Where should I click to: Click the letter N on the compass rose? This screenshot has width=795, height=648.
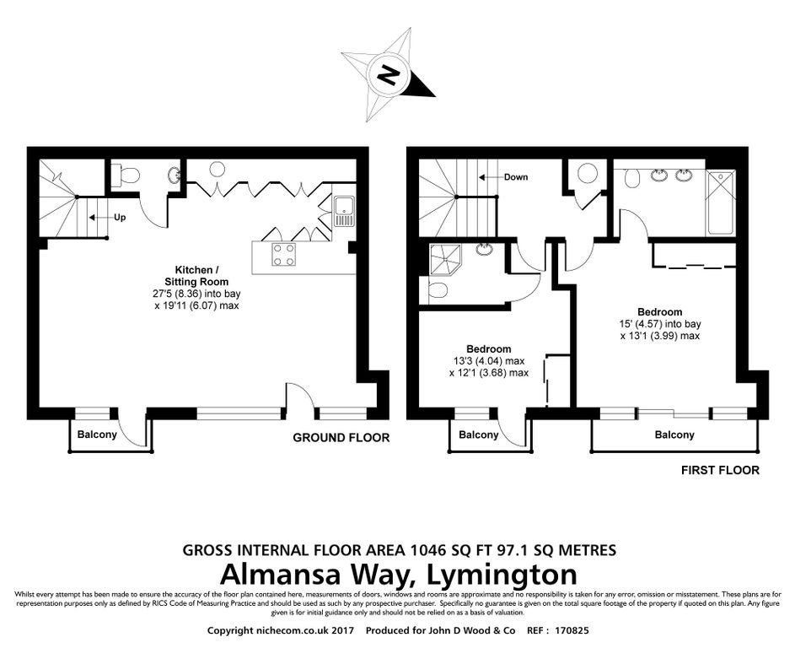coord(389,77)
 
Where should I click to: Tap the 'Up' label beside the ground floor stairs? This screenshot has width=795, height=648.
coord(120,217)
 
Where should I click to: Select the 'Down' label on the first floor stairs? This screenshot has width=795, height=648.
coord(515,177)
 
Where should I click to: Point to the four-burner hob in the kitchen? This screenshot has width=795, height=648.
coord(283,254)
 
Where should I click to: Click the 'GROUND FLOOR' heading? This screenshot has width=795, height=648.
coord(341,438)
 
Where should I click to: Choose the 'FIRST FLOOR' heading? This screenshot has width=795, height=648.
coord(720,470)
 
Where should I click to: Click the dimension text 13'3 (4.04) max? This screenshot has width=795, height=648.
coord(488,361)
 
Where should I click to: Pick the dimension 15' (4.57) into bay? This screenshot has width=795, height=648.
coord(660,324)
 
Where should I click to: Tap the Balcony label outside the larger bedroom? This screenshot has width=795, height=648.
coord(675,435)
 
